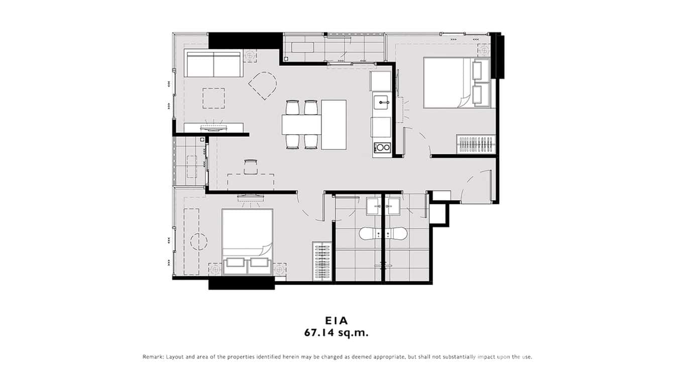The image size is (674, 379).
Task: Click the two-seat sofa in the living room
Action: (x=214, y=63)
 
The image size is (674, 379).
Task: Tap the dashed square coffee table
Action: (x=214, y=98)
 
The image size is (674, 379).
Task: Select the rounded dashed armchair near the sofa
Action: (x=263, y=85)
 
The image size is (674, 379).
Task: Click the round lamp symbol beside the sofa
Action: (x=250, y=56)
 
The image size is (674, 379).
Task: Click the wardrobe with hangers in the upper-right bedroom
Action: (x=475, y=144)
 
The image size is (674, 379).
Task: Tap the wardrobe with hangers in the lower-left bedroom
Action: (x=322, y=261)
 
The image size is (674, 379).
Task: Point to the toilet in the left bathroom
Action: (x=370, y=234)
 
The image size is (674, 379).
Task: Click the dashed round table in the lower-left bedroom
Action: (x=199, y=241)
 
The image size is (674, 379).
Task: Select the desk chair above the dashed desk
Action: (x=251, y=166)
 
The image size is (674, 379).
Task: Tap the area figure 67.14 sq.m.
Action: (x=336, y=332)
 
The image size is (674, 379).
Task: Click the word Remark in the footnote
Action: (x=152, y=357)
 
